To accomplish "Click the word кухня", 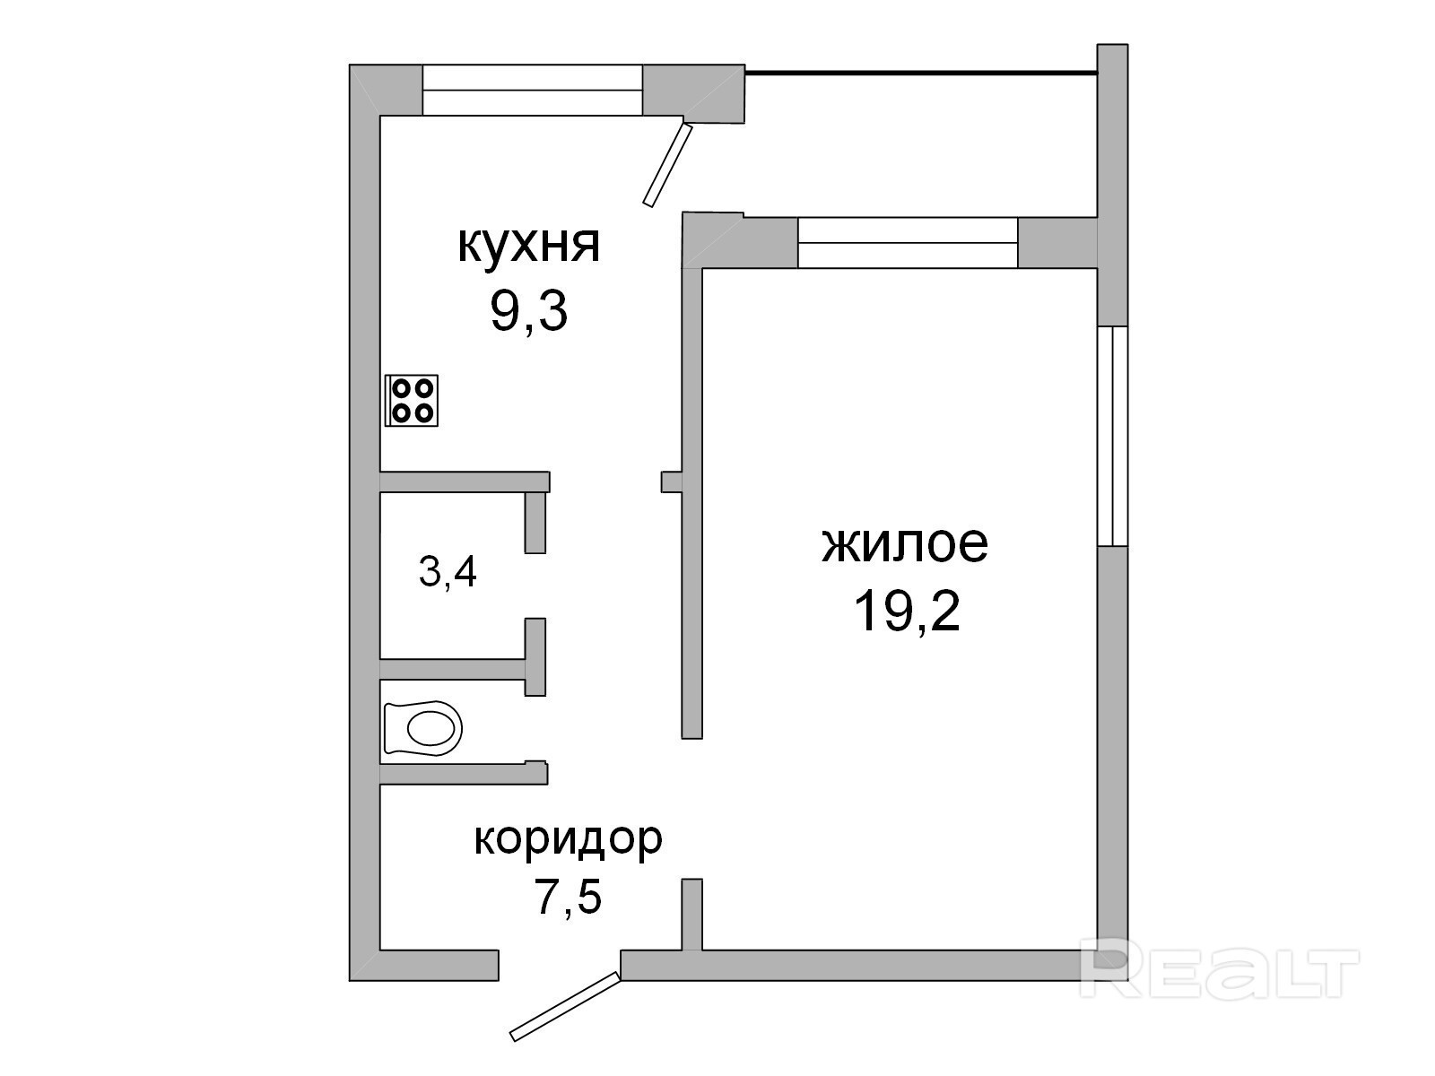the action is tap(528, 247).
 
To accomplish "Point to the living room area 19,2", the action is tap(907, 611).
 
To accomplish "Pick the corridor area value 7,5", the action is tap(569, 898).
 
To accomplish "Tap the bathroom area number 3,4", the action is tap(448, 573).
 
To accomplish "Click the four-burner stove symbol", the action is tap(411, 401).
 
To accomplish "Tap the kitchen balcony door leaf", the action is tap(667, 165).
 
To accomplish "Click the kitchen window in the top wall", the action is tap(532, 91).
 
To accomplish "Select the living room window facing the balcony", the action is tap(908, 243).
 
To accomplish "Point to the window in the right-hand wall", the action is tap(1113, 436).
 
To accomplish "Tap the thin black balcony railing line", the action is tap(921, 74).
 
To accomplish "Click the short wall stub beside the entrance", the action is tap(692, 915).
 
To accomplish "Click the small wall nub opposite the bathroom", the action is tap(672, 482).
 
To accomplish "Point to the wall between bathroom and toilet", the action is tap(463, 668).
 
